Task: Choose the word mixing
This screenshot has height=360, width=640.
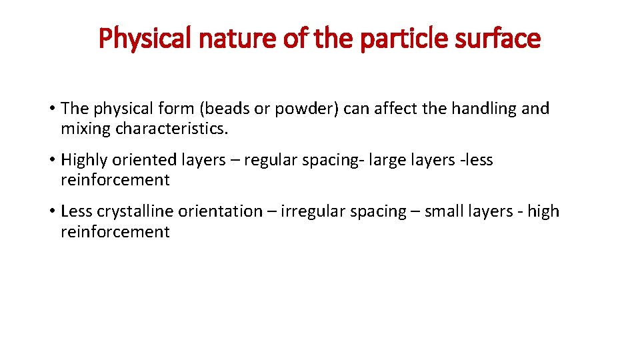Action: tap(86, 128)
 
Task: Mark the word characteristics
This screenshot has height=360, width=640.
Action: tap(171, 128)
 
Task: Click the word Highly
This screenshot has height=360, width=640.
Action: tap(84, 160)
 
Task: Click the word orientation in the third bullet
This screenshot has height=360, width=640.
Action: tap(224, 212)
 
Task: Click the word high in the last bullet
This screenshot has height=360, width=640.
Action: tap(543, 212)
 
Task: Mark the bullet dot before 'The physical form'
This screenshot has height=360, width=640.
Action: tap(51, 109)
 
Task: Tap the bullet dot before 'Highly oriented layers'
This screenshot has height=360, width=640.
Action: tap(51, 160)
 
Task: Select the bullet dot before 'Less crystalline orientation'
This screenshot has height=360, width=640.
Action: tap(51, 212)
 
